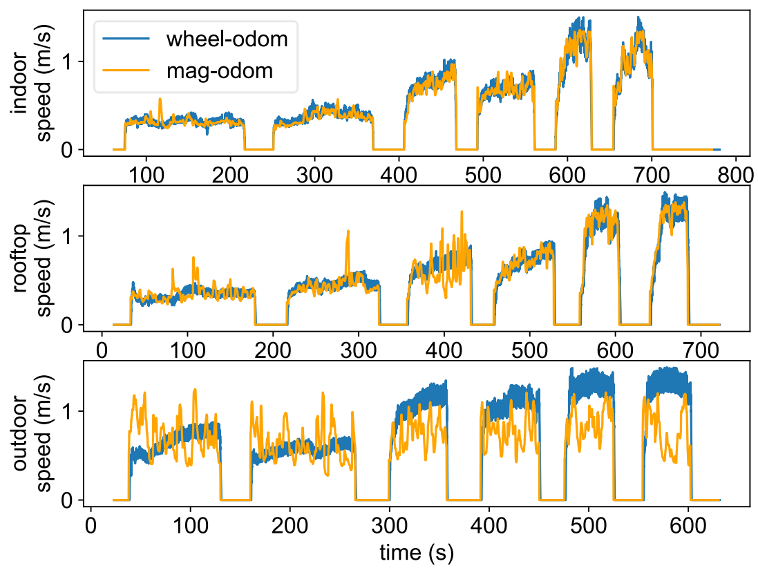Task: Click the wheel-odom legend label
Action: [227, 39]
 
